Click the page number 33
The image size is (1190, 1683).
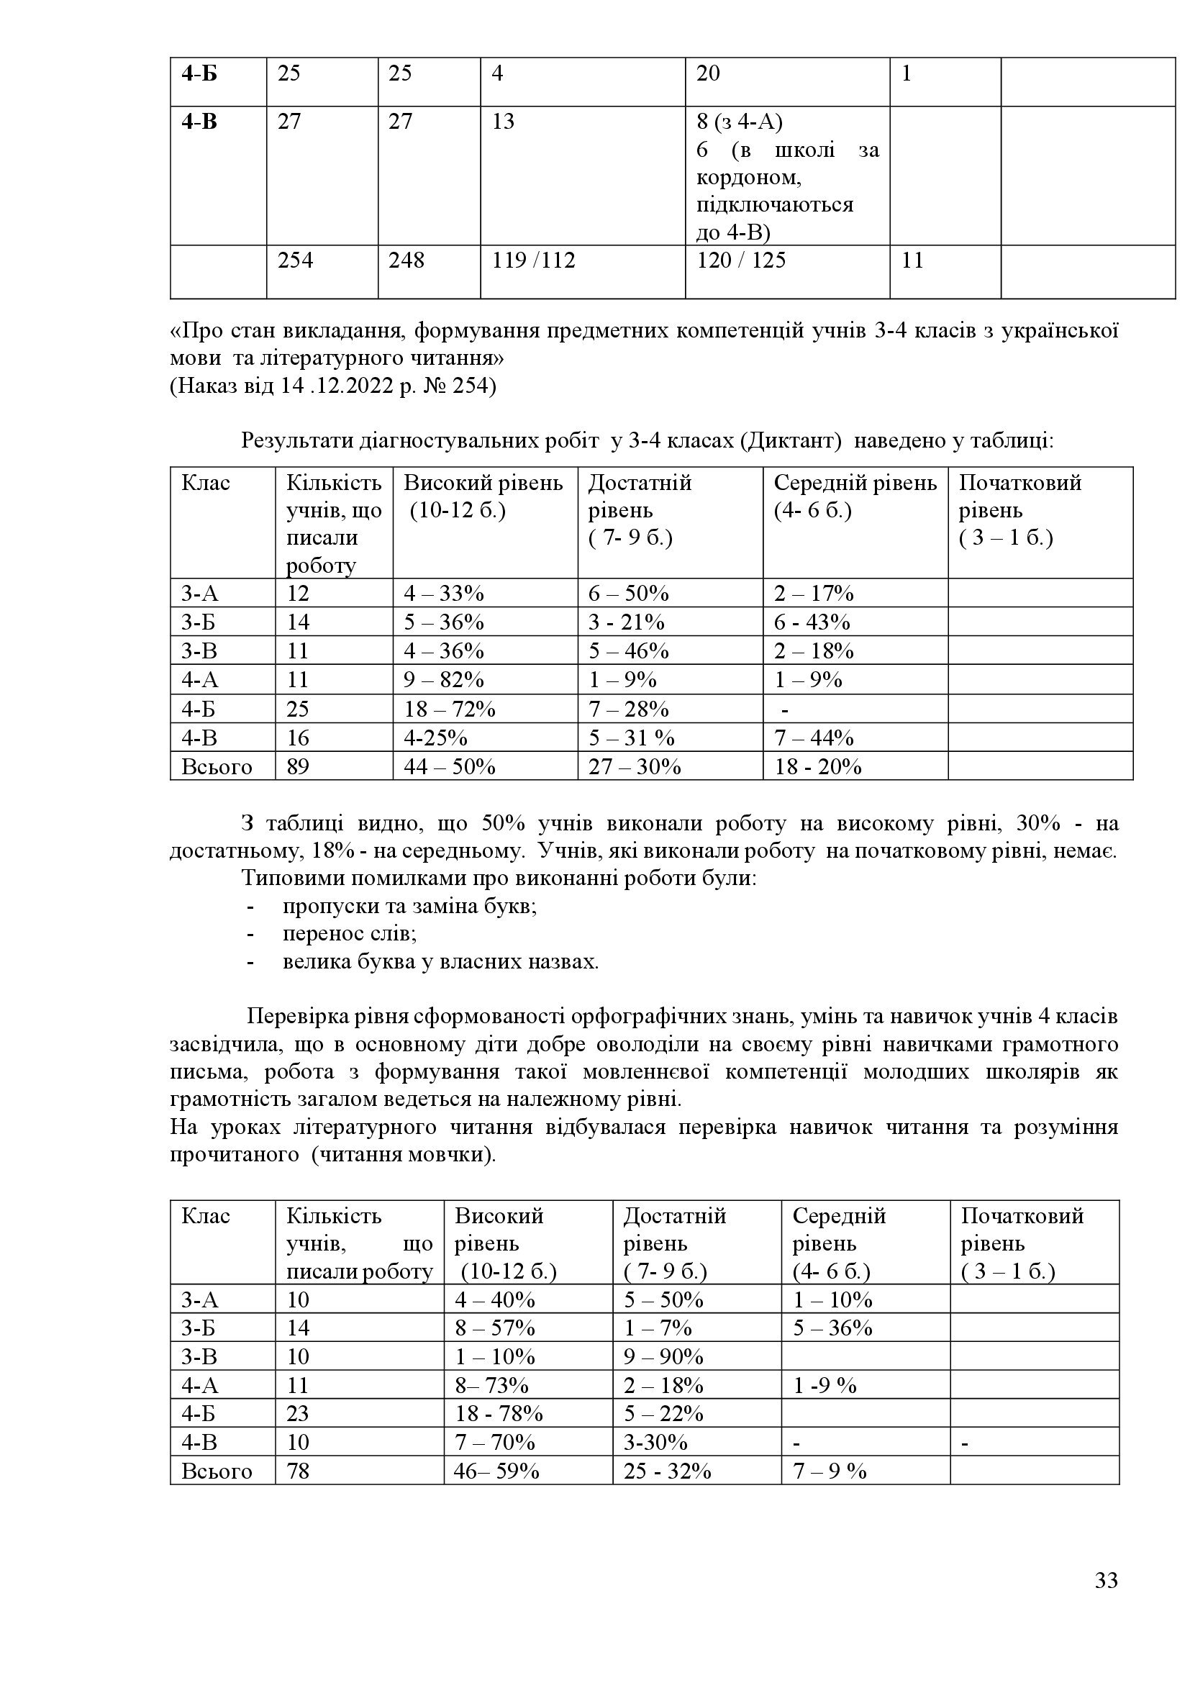tap(1107, 1601)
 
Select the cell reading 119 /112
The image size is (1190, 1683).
tap(533, 260)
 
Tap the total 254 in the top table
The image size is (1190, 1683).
tap(295, 260)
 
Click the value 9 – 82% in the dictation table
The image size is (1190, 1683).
tap(444, 679)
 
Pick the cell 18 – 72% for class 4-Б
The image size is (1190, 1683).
tap(449, 709)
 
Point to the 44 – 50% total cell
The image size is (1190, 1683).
tap(449, 767)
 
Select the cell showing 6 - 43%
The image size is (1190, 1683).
tap(812, 622)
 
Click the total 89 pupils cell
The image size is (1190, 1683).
tap(299, 767)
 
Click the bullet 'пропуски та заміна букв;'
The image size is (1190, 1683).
tap(410, 906)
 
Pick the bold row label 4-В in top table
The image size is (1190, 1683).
tap(199, 121)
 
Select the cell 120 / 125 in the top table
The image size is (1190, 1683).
tap(741, 260)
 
